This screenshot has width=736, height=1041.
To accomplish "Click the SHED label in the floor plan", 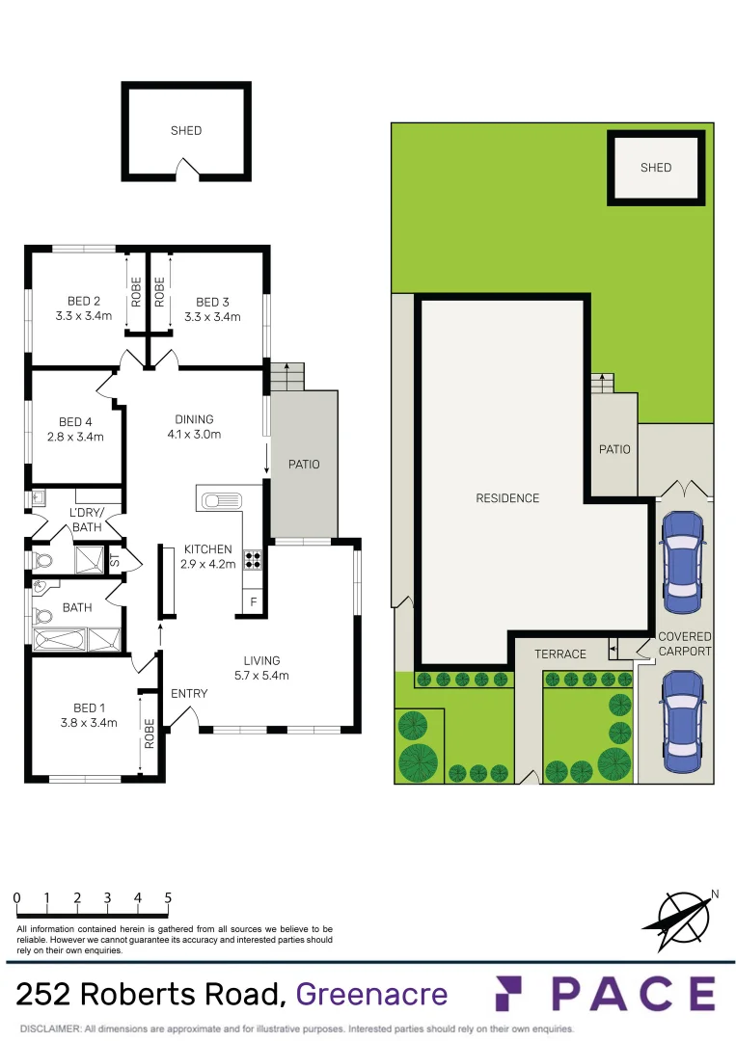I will pyautogui.click(x=186, y=130).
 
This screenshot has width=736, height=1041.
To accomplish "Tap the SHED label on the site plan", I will pyautogui.click(x=655, y=168).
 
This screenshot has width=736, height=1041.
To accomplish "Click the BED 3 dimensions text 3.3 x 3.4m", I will pyautogui.click(x=212, y=316).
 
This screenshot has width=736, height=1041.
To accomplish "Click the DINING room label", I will pyautogui.click(x=194, y=419).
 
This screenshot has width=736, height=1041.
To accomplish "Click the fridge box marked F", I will pyautogui.click(x=254, y=602).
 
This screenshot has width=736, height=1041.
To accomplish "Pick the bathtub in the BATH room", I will pyautogui.click(x=60, y=639).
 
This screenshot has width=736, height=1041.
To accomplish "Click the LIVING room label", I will pyautogui.click(x=261, y=660).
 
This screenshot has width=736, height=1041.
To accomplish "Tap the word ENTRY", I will pyautogui.click(x=189, y=693).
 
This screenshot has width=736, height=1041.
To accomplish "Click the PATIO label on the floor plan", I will pyautogui.click(x=304, y=465).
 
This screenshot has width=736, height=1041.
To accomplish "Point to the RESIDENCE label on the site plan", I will pyautogui.click(x=507, y=498).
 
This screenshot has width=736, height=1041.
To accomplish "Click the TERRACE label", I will pyautogui.click(x=560, y=654).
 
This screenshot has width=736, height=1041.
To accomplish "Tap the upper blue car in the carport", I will pyautogui.click(x=682, y=560).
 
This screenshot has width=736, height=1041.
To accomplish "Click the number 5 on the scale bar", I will pyautogui.click(x=168, y=897).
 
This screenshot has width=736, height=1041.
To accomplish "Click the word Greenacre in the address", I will pyautogui.click(x=371, y=994).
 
